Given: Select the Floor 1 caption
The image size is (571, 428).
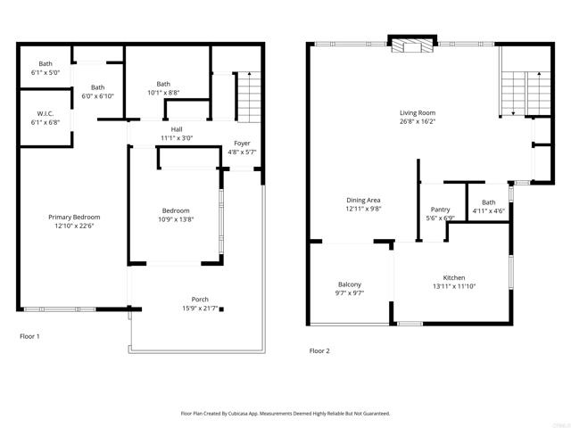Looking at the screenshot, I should point(29,336).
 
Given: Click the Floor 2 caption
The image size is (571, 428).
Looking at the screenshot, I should point(319,351).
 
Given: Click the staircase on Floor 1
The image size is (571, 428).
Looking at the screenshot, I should point(249,98).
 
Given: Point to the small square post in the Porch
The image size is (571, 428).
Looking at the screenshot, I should point(221,309).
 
